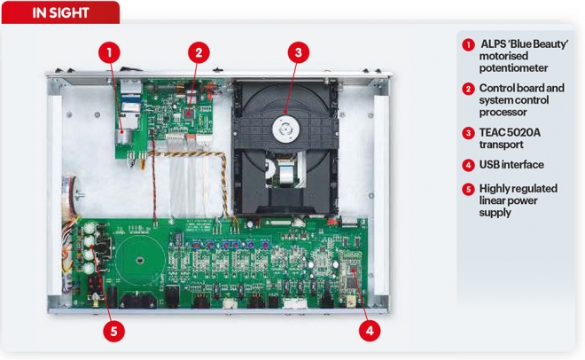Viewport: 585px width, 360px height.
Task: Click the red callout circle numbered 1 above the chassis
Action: (x=109, y=52)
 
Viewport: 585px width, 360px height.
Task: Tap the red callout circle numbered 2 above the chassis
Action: (x=199, y=52)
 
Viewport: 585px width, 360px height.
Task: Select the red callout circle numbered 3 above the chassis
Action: (x=298, y=52)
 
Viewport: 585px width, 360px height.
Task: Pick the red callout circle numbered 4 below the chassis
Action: (x=370, y=331)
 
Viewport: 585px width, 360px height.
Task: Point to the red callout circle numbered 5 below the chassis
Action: (x=113, y=331)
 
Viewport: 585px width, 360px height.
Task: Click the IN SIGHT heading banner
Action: (x=60, y=12)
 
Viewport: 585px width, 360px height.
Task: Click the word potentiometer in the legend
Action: (x=513, y=68)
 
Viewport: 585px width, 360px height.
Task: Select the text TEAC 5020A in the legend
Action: (x=510, y=132)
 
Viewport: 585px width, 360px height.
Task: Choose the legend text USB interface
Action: (x=511, y=165)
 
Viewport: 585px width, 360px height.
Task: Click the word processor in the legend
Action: (x=503, y=113)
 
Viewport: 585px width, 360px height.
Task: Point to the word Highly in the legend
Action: (x=495, y=189)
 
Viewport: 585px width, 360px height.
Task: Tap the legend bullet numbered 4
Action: (x=468, y=165)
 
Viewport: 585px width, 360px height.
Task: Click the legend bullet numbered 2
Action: (x=468, y=89)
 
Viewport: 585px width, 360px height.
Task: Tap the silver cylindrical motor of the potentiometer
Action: (x=122, y=137)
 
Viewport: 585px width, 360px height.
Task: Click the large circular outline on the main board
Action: (x=139, y=260)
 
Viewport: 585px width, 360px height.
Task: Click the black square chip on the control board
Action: (x=189, y=112)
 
